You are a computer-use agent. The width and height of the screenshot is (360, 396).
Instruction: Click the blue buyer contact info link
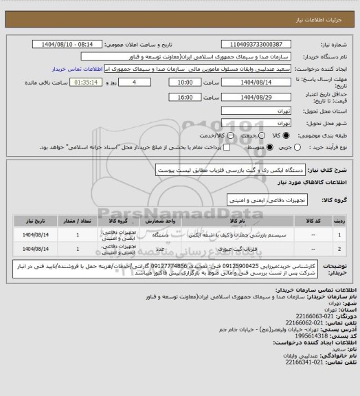[x=80, y=69]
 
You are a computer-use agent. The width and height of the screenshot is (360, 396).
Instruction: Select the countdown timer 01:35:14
[x=68, y=82]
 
